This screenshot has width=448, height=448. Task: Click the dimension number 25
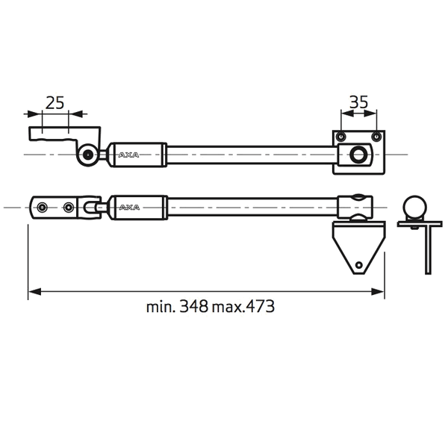point(55,103)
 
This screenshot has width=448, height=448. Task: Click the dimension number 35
point(359,102)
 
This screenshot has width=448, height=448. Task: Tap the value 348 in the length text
point(193,307)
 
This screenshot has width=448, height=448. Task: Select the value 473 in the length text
point(261,307)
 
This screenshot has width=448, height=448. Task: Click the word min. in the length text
point(161,307)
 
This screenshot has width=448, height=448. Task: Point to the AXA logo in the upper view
point(128,155)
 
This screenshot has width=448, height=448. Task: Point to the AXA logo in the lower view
point(129,207)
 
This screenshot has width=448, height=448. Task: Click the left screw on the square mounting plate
point(340,137)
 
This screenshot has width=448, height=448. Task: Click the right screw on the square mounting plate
point(376,137)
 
